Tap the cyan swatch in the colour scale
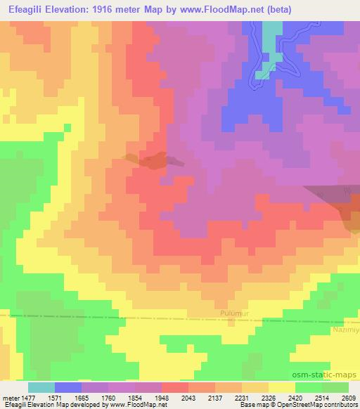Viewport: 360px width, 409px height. [41, 387]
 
